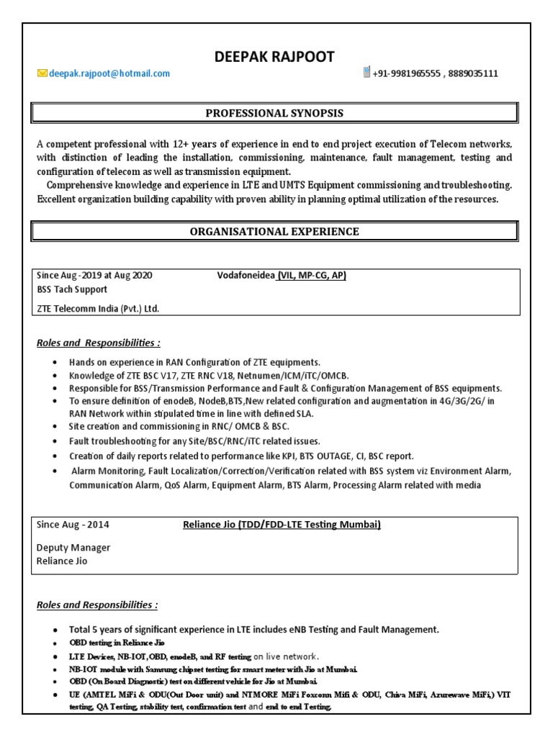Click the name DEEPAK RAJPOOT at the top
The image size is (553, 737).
tap(274, 57)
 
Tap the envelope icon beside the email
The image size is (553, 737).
tap(42, 73)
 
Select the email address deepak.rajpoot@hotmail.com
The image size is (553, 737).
tap(109, 73)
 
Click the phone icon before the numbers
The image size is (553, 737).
tap(367, 73)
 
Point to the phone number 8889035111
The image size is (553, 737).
tap(474, 73)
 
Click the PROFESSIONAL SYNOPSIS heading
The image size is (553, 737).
tap(274, 113)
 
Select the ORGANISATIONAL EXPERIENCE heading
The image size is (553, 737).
tap(274, 231)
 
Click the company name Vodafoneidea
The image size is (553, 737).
tap(246, 276)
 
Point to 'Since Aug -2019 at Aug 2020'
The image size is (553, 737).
tap(94, 276)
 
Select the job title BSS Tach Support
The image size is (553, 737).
tap(72, 289)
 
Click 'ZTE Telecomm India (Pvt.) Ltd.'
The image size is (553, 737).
tap(98, 309)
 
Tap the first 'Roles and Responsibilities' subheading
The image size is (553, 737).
tap(98, 343)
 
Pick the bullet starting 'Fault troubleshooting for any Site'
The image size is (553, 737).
tap(194, 440)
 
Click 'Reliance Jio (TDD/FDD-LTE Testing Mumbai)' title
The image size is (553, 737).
tap(282, 525)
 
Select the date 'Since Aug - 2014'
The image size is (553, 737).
tap(73, 525)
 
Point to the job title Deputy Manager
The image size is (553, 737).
tap(73, 548)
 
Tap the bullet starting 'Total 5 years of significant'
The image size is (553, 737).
tap(253, 629)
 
